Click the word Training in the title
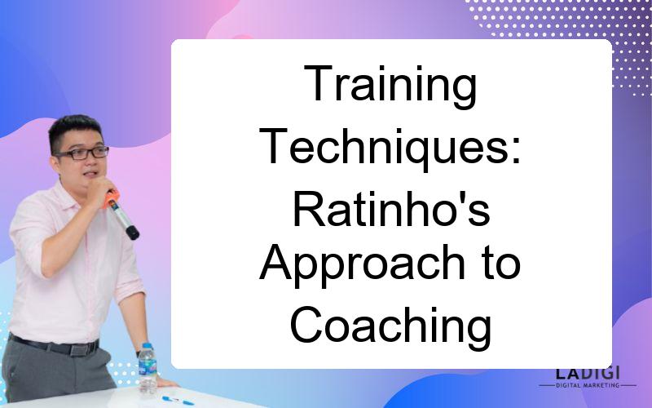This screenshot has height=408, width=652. pos(390,86)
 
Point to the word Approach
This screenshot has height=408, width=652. pos(362,266)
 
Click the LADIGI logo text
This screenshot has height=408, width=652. pos(587,373)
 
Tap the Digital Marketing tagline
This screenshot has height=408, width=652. pos(588,385)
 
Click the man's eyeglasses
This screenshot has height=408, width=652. pos(83,153)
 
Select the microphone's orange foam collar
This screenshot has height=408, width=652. pos(111,199)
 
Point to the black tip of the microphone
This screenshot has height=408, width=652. pos(132,233)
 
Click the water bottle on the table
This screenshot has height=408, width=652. pos(148,369)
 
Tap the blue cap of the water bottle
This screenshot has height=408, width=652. pos(148,346)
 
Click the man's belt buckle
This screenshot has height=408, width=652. pos(78,349)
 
